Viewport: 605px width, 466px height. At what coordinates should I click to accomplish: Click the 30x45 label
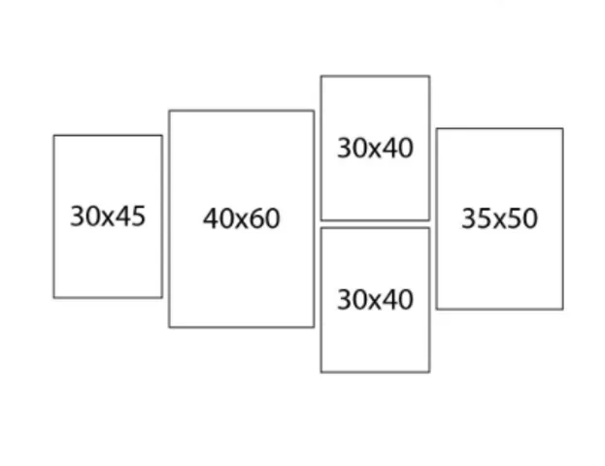(108, 216)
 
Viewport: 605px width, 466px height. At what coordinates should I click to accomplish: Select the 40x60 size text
(242, 218)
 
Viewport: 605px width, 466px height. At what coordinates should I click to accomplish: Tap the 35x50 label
(500, 218)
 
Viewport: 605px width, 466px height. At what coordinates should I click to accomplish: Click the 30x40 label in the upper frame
(375, 148)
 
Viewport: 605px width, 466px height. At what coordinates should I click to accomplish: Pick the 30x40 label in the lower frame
(375, 299)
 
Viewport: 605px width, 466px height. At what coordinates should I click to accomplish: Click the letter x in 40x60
(242, 221)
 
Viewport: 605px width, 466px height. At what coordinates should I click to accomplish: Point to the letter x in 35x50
(500, 221)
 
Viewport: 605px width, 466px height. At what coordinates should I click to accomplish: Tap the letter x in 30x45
(108, 218)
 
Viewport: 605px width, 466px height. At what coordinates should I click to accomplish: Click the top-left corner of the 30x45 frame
(54, 136)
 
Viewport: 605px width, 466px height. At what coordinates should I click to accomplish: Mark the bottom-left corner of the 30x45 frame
(54, 297)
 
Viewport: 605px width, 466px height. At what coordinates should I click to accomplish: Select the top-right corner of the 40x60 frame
(314, 111)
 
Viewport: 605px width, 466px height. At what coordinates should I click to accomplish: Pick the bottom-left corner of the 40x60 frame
(169, 327)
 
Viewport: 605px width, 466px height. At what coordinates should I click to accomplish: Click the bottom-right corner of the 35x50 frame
(562, 309)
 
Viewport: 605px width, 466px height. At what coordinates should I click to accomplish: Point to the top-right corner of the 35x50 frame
(562, 129)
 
